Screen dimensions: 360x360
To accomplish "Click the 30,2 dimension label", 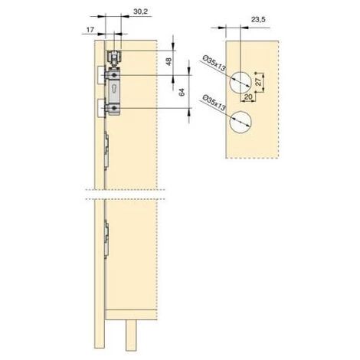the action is [x=140, y=11].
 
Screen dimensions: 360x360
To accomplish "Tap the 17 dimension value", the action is [x=90, y=30].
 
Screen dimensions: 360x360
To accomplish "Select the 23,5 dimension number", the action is [x=258, y=20].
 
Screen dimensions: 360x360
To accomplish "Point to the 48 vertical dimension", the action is [x=169, y=62].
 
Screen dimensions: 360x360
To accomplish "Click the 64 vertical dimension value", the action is [x=182, y=92].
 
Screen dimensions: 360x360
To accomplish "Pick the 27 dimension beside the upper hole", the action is [x=258, y=82].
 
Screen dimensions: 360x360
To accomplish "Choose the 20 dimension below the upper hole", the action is [x=248, y=97].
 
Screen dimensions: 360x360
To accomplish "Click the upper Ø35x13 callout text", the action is [x=214, y=64].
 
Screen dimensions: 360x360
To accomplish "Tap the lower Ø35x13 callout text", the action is [x=214, y=103].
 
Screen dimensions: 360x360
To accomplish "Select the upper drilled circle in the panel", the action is [x=241, y=83].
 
